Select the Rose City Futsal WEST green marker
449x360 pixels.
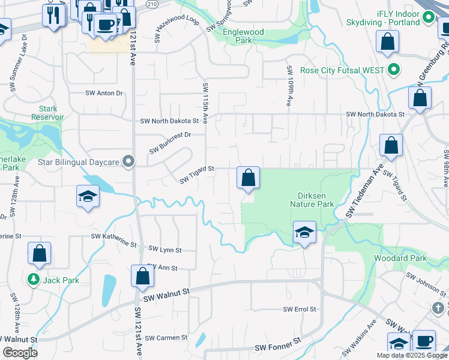(x=394, y=70)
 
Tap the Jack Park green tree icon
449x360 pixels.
(x=34, y=280)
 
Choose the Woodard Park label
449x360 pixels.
(x=400, y=258)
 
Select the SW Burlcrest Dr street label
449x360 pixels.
(x=170, y=143)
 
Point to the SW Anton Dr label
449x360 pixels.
(x=104, y=93)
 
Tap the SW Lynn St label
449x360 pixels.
(x=164, y=250)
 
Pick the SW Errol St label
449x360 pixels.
(x=300, y=309)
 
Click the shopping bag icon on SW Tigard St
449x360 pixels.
(x=248, y=178)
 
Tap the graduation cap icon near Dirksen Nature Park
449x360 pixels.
(x=304, y=233)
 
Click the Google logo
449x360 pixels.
(x=20, y=353)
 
